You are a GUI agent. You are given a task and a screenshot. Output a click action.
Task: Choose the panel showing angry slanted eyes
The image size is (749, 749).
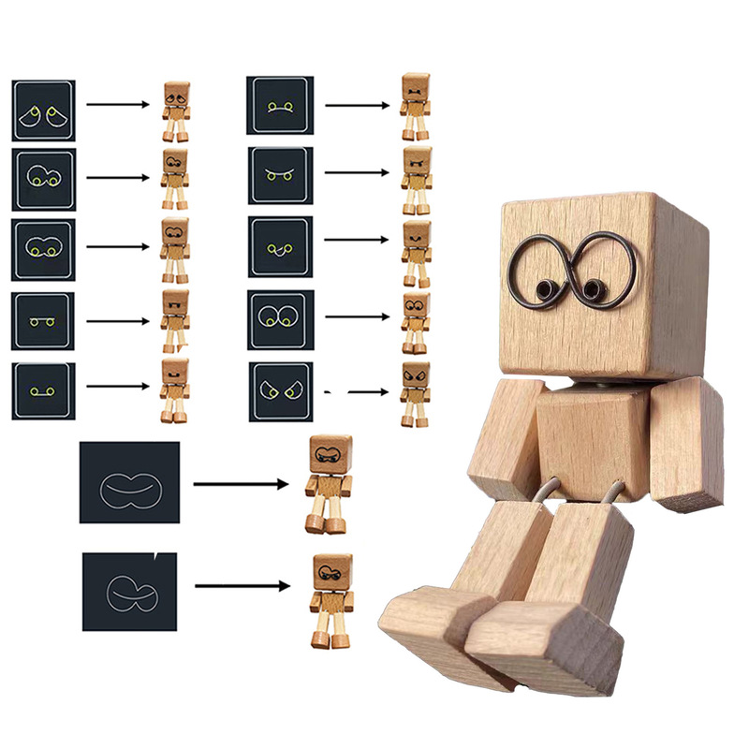281,391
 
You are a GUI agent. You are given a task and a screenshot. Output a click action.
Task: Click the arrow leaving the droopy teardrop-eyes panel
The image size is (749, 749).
118,104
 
